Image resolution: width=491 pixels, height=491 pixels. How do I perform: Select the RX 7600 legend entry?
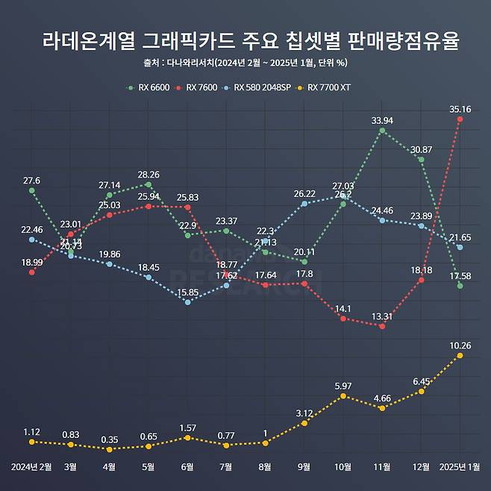tap(198, 87)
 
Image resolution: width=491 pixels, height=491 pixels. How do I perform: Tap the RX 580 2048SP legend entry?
tap(257, 87)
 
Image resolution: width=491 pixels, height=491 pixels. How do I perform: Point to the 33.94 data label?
tap(382, 119)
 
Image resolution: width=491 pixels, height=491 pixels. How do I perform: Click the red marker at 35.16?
tap(460, 119)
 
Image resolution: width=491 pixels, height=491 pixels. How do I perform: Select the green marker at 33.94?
tap(382, 131)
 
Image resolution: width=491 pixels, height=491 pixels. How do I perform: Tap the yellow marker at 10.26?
tap(460, 355)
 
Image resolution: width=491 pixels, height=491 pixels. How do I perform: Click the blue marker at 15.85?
tap(187, 301)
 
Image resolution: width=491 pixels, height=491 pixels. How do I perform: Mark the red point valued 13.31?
tap(382, 325)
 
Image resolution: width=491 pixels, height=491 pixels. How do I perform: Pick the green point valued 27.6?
tap(31, 190)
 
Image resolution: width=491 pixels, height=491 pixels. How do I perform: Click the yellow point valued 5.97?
tap(343, 395)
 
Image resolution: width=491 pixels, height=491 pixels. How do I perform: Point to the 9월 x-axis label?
tap(304, 467)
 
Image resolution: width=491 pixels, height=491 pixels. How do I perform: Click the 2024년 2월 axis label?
tap(31, 467)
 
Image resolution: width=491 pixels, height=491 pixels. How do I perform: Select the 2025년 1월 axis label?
tap(460, 467)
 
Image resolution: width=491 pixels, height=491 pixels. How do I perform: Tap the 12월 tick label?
tap(421, 467)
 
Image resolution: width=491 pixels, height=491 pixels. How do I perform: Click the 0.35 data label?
tap(110, 440)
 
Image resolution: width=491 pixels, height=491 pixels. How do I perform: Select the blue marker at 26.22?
tap(304, 203)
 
